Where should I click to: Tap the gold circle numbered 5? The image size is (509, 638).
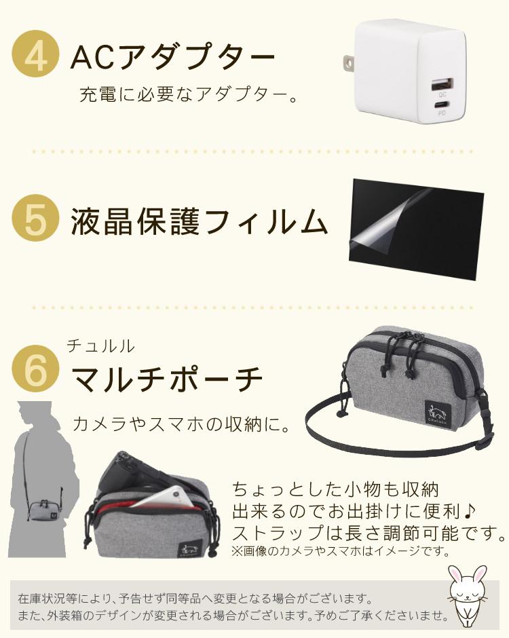(x=36, y=218)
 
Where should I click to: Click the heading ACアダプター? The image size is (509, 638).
(x=172, y=56)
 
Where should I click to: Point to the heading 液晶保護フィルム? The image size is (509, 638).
(x=199, y=222)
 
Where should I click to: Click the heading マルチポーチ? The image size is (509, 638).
(x=167, y=379)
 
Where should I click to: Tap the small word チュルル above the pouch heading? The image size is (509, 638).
(x=100, y=346)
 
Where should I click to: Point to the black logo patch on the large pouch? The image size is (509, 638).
(x=437, y=414)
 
